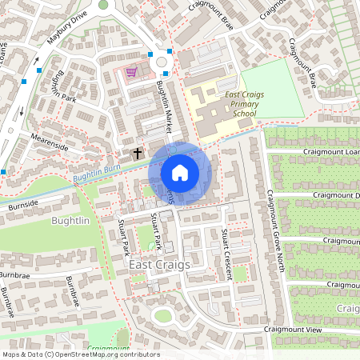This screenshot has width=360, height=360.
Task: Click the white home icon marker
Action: pyautogui.click(x=180, y=173)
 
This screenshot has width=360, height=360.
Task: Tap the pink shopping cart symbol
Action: pyautogui.click(x=131, y=72)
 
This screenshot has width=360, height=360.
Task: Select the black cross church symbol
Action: pyautogui.click(x=137, y=152)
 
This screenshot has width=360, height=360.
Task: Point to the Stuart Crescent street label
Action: pyautogui.click(x=227, y=253)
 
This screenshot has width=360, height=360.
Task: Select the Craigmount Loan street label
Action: pyautogui.click(x=330, y=151)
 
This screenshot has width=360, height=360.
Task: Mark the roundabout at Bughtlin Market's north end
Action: pyautogui.click(x=164, y=61)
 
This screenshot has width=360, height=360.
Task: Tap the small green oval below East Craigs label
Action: pyautogui.click(x=163, y=315)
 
